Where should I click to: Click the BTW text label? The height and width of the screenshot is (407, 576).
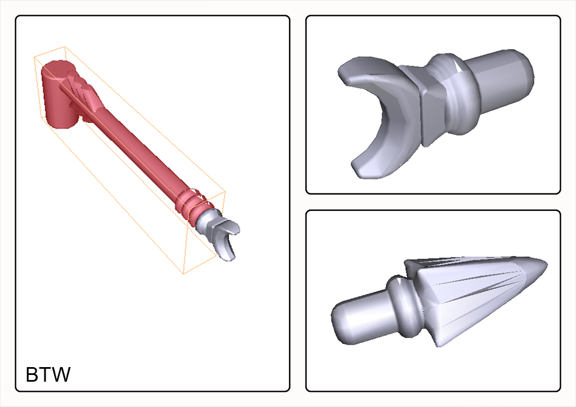[48, 375]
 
